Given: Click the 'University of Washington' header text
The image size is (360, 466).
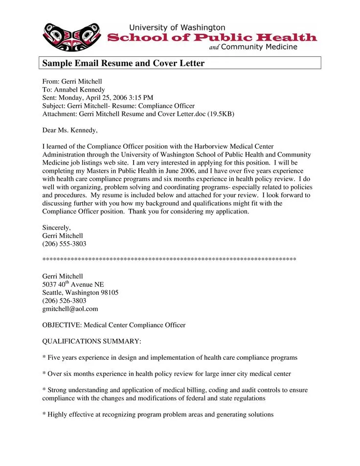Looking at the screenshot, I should pyautogui.click(x=177, y=27).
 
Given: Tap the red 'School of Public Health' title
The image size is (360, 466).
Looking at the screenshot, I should pyautogui.click(x=212, y=38).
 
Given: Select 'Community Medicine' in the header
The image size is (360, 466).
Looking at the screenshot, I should pyautogui.click(x=259, y=47).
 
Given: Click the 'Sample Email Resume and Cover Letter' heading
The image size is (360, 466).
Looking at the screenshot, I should pyautogui.click(x=123, y=64).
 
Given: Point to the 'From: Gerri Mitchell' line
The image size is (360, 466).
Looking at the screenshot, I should pyautogui.click(x=72, y=81).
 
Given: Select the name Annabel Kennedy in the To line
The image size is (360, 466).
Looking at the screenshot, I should pyautogui.click(x=79, y=90).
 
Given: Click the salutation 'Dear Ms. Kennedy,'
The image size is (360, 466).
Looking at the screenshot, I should pyautogui.click(x=70, y=130).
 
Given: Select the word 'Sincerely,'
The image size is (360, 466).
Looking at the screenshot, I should pyautogui.click(x=57, y=228).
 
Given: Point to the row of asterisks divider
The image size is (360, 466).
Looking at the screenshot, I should pyautogui.click(x=169, y=259).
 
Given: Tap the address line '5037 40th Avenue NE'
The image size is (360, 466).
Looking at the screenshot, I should pyautogui.click(x=73, y=284).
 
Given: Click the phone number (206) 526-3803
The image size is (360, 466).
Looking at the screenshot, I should pyautogui.click(x=64, y=301).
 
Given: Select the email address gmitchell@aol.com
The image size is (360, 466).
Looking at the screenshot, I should pyautogui.click(x=70, y=309).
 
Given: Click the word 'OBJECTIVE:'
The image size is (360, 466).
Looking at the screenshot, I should pyautogui.click(x=62, y=325).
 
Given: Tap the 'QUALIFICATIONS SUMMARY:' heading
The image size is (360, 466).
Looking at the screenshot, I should pyautogui.click(x=92, y=341).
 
